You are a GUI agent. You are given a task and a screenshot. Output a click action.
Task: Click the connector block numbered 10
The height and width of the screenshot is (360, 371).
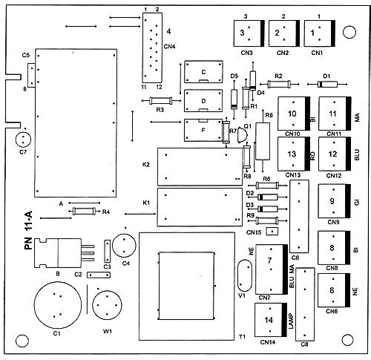(294, 114)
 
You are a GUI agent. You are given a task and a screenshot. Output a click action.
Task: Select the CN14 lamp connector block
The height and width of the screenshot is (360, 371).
(271, 320)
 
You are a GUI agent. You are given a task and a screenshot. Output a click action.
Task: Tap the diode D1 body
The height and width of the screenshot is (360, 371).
(327, 85)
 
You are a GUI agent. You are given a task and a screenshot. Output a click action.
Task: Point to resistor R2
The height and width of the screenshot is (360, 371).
(279, 85)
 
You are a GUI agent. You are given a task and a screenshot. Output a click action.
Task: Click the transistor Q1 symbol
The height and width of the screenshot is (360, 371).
(242, 135)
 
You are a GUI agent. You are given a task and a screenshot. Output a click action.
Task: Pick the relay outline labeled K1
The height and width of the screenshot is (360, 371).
(200, 207)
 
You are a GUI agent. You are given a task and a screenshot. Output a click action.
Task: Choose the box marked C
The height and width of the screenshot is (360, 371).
(203, 72)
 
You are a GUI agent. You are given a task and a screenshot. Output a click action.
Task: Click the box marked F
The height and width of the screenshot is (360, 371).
(203, 130)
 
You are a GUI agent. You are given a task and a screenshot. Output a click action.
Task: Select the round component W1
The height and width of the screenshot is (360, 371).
(107, 305)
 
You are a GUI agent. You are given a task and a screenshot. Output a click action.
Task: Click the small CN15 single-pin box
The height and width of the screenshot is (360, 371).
(272, 232)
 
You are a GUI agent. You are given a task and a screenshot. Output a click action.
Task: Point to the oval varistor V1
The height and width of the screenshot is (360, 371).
(245, 275)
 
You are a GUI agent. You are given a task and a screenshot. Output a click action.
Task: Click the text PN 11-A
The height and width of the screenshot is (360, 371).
(28, 230)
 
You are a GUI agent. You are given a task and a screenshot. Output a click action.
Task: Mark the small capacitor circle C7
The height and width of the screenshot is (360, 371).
(23, 140)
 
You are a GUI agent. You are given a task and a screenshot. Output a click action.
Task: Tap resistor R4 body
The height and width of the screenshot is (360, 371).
(84, 211)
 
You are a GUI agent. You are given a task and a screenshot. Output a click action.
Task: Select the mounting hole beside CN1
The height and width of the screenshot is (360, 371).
(349, 32)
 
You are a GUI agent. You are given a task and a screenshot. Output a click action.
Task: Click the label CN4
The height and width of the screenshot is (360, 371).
(169, 47)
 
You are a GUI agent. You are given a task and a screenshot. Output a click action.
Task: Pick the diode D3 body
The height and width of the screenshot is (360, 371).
(268, 209)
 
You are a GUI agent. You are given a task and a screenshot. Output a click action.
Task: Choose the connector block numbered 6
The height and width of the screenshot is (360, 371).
(334, 290)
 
